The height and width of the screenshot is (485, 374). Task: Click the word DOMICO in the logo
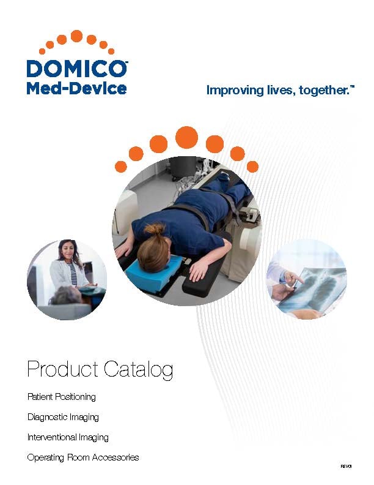tap(76, 68)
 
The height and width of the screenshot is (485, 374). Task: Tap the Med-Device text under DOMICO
tap(76, 88)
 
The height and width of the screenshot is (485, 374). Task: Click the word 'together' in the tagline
tap(320, 91)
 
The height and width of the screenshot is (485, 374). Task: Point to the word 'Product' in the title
tap(63, 369)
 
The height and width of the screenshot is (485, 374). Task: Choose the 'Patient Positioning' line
tap(62, 397)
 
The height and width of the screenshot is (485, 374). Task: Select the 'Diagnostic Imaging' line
tap(63, 417)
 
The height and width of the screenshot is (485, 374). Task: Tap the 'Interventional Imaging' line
tap(68, 437)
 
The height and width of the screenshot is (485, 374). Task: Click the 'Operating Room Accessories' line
tap(83, 457)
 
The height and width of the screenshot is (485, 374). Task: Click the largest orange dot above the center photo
tap(186, 137)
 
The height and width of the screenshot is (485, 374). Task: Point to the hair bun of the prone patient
tap(155, 230)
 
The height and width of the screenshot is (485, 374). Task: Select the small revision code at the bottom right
tap(347, 467)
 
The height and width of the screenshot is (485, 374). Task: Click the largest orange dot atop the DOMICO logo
tap(76, 36)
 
